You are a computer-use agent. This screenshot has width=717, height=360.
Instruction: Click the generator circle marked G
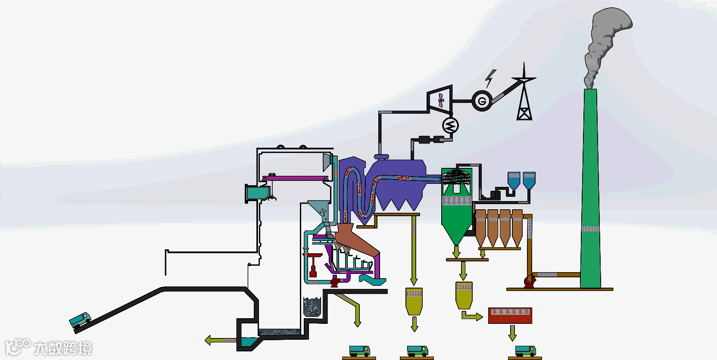click(x=482, y=102)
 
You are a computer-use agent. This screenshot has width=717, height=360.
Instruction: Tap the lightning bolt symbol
click(x=490, y=78)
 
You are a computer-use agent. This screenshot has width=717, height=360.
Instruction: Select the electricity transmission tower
click(x=524, y=95)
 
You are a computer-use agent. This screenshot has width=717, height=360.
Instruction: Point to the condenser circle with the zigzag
click(x=450, y=126)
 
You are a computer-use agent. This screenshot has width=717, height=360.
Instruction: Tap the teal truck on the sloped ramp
click(x=80, y=320)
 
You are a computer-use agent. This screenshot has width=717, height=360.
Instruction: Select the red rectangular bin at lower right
click(x=510, y=316)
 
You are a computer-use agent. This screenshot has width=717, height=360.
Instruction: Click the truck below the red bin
click(x=525, y=351)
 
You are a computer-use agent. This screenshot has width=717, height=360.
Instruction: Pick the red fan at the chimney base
click(x=529, y=281)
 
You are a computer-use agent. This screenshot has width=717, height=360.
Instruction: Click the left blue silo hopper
click(x=514, y=180)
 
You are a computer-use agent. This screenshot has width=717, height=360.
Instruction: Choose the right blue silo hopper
click(x=529, y=180)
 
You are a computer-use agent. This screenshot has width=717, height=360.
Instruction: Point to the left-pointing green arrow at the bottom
click(x=220, y=340)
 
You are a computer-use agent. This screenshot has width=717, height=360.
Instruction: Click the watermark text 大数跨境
click(x=62, y=348)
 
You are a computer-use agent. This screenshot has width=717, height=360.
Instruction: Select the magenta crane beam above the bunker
click(x=295, y=178)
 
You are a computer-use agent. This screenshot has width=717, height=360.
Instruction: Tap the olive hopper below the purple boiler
click(x=414, y=300)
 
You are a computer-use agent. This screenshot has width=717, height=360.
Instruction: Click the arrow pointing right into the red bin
click(x=472, y=317)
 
